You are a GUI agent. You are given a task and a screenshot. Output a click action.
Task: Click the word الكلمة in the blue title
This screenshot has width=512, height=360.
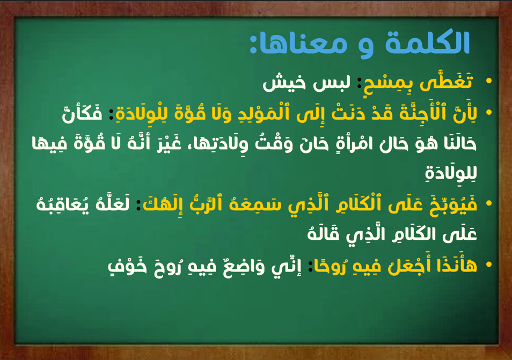pos(427,42)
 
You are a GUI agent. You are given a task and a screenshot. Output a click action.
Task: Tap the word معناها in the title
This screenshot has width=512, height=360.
pos(303,44)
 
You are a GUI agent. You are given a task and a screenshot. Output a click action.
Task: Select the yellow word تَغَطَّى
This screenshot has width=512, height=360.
pos(446,81)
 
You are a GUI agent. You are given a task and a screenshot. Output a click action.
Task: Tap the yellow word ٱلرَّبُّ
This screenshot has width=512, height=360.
pos(200,203)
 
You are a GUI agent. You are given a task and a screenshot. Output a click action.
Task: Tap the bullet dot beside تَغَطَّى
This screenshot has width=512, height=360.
pos(489,80)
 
